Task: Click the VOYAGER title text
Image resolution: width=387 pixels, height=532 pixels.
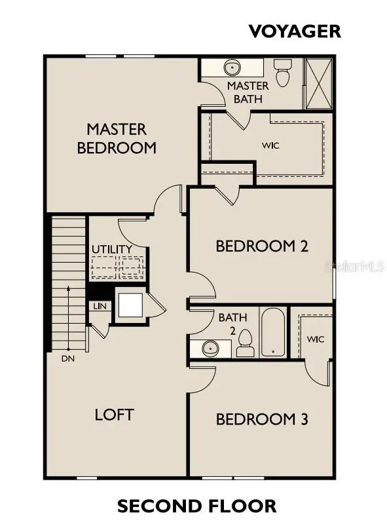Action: pyautogui.click(x=294, y=30)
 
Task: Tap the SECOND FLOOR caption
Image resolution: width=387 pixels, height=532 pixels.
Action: pyautogui.click(x=196, y=506)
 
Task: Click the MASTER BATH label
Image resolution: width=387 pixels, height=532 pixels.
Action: pyautogui.click(x=248, y=92)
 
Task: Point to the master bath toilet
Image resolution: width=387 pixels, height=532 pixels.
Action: pyautogui.click(x=283, y=72)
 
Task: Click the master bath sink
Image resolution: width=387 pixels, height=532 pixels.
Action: pyautogui.click(x=232, y=67)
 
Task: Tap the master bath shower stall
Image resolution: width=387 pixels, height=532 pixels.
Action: pyautogui.click(x=320, y=82)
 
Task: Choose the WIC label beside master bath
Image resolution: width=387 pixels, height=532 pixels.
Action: pyautogui.click(x=270, y=145)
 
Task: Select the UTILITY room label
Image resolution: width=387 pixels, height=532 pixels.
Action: pyautogui.click(x=112, y=250)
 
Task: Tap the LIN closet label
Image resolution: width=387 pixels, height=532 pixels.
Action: pyautogui.click(x=99, y=306)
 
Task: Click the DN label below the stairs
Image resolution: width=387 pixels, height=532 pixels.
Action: pyautogui.click(x=68, y=358)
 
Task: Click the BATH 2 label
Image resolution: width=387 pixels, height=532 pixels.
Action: pyautogui.click(x=232, y=322)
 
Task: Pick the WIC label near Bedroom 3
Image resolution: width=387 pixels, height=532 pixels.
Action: pyautogui.click(x=316, y=339)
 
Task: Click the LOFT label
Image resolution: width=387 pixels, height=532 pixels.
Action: pyautogui.click(x=114, y=414)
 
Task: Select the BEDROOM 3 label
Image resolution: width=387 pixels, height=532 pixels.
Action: pyautogui.click(x=262, y=419)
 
